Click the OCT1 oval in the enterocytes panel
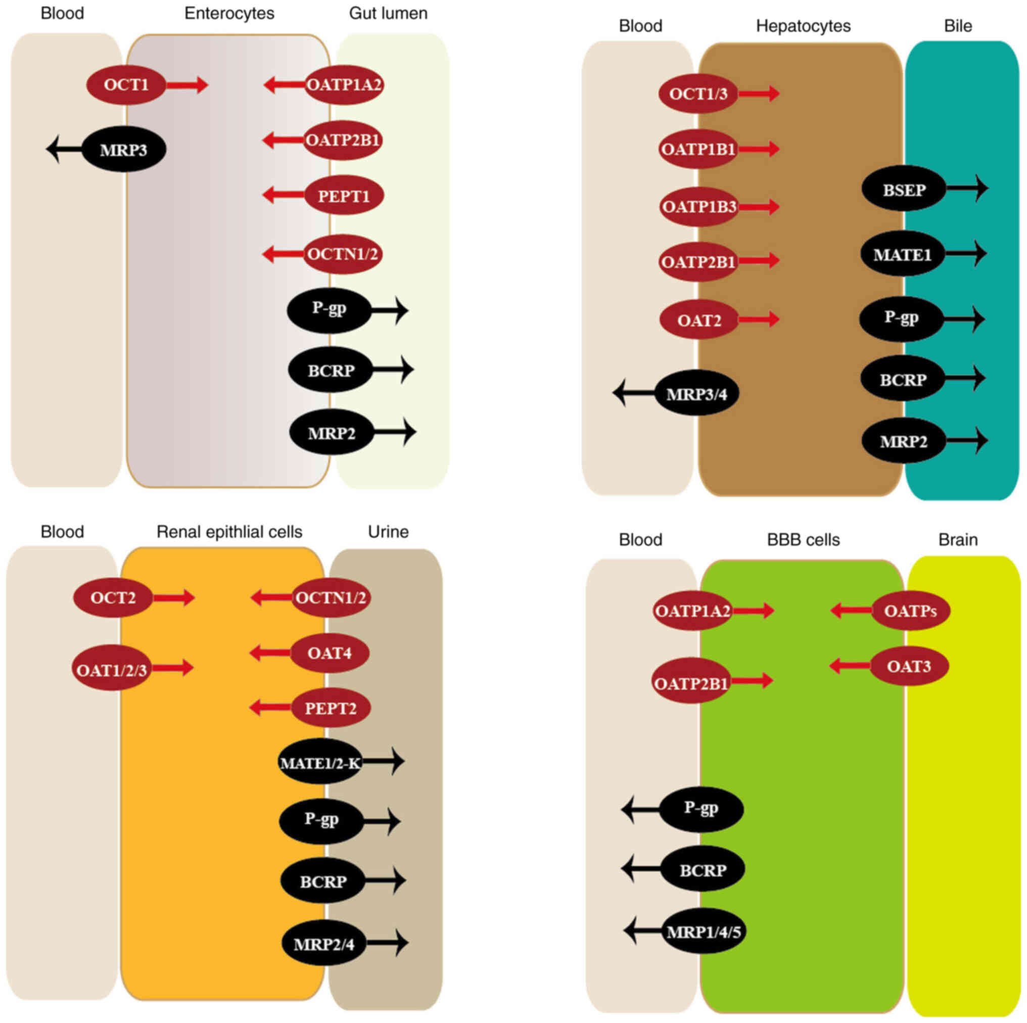(x=126, y=84)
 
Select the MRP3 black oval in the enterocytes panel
(x=124, y=150)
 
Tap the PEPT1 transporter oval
(x=344, y=196)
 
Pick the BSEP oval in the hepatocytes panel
(x=904, y=190)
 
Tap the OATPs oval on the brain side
(x=911, y=611)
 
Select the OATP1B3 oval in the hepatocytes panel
(x=699, y=206)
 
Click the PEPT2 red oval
(x=331, y=708)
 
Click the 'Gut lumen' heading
(x=388, y=13)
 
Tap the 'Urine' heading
(x=388, y=532)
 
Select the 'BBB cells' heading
(x=803, y=540)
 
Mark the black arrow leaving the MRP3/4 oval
(x=634, y=393)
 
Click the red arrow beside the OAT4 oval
(x=270, y=653)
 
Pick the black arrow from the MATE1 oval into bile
(x=966, y=254)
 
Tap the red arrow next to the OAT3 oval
(x=850, y=666)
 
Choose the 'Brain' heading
(x=958, y=540)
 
